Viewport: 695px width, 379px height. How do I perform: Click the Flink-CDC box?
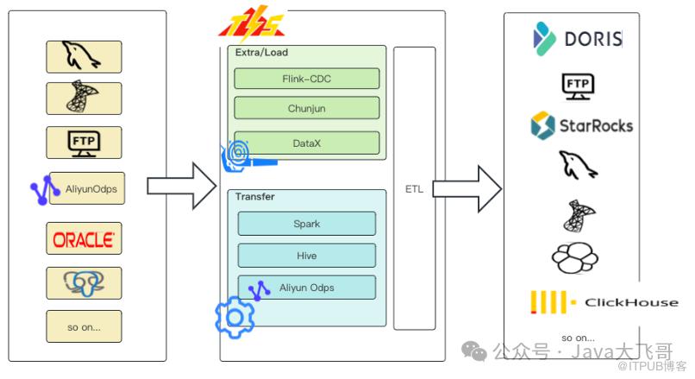tap(307, 79)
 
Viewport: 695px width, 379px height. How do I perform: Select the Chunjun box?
tap(307, 109)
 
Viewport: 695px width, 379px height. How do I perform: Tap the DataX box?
tap(307, 142)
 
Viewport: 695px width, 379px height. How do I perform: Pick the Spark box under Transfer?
tap(307, 224)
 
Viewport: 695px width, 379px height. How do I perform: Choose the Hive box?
tap(307, 255)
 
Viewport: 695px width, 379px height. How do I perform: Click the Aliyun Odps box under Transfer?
tap(307, 287)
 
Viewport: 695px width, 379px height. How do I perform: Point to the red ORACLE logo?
tap(84, 238)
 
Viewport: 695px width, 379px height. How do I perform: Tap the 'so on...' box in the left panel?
tap(84, 326)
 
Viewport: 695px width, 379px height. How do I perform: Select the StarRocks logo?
tap(581, 125)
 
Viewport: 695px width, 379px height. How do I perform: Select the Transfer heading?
tap(255, 197)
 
